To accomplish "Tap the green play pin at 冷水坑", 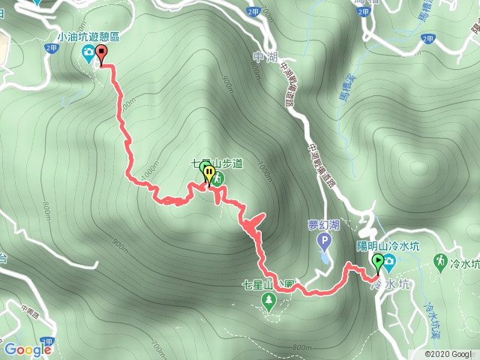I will click(378, 262).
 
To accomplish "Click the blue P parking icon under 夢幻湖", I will click(324, 241).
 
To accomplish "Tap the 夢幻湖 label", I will click(323, 225).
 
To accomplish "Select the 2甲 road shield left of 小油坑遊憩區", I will click(50, 47).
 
